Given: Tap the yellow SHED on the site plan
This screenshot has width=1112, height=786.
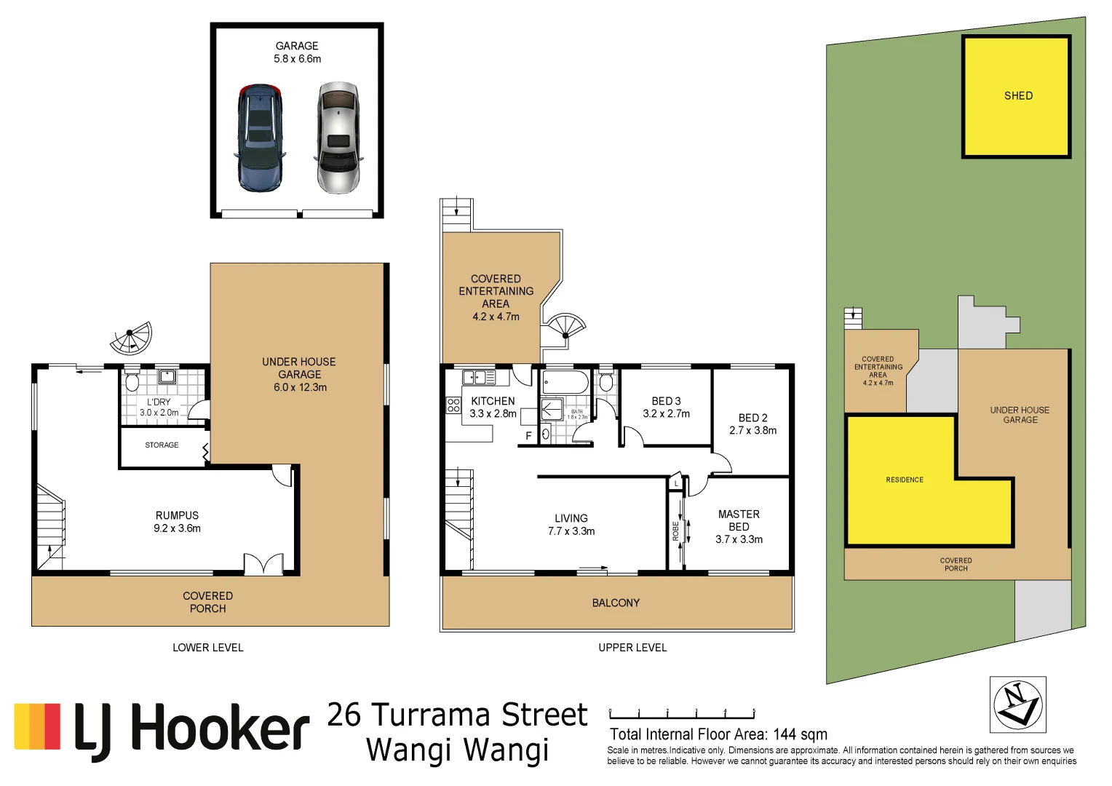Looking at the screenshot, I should click(1017, 96).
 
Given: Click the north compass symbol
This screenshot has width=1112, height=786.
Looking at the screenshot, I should click(1017, 704).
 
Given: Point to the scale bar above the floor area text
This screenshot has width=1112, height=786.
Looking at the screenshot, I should click(681, 713).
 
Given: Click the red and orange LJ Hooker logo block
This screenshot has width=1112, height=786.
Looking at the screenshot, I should click(37, 726).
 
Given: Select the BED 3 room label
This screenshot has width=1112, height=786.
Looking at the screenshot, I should click(666, 407).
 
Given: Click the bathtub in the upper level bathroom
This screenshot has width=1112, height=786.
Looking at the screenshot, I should click(565, 381).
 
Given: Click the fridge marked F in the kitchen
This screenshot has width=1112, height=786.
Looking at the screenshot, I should click(528, 435).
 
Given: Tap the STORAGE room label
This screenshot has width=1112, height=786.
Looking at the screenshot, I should click(162, 445).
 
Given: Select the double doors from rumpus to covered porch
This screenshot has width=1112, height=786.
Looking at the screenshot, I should click(263, 564).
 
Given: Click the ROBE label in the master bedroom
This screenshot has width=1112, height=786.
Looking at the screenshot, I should click(675, 531).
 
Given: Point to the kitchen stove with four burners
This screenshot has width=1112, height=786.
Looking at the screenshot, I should click(453, 405).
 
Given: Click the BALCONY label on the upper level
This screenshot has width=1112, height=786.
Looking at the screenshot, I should click(616, 603).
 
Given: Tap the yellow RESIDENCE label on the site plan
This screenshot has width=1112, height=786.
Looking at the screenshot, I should click(904, 480).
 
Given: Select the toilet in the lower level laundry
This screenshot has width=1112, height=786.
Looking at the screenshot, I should click(132, 381).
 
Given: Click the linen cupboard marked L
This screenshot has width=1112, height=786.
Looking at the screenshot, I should click(676, 483).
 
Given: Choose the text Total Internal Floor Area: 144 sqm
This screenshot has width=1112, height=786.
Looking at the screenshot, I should click(718, 734).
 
